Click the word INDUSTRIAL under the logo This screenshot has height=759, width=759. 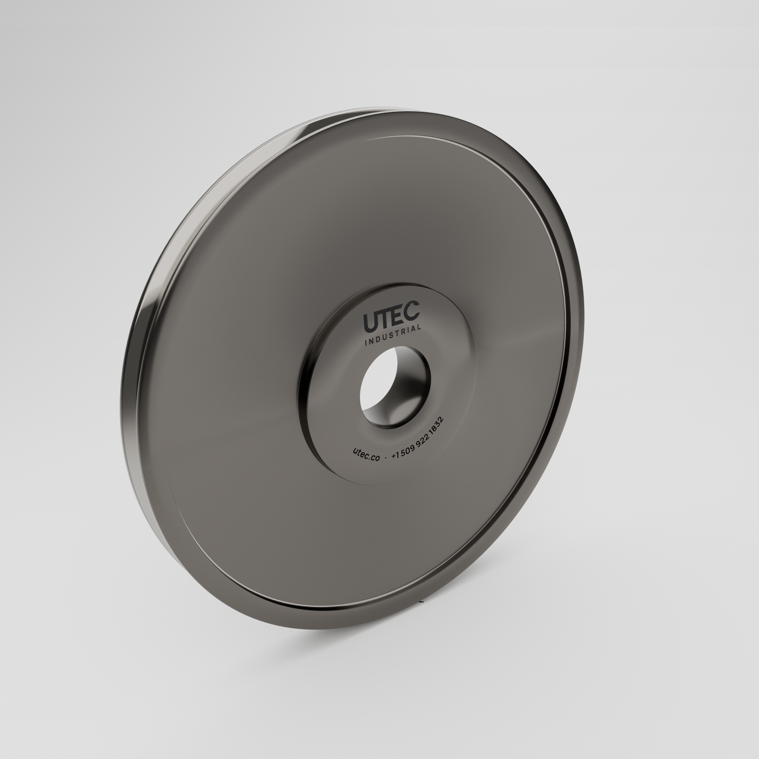[x=393, y=335]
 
